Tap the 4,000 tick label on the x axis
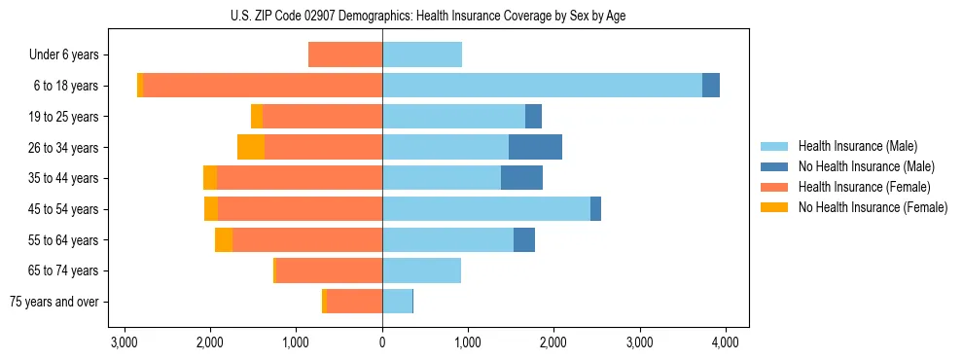click(725, 342)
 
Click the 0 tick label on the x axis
click(382, 342)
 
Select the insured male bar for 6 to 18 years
click(542, 86)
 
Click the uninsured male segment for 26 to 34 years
click(535, 147)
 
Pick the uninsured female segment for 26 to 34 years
click(251, 147)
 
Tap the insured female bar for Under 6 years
click(345, 55)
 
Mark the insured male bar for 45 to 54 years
click(486, 209)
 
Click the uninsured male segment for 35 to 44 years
click(521, 178)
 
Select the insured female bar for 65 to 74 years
click(330, 270)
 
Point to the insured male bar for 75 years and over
click(397, 302)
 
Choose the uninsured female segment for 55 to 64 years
click(224, 240)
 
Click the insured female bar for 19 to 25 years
click(322, 117)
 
